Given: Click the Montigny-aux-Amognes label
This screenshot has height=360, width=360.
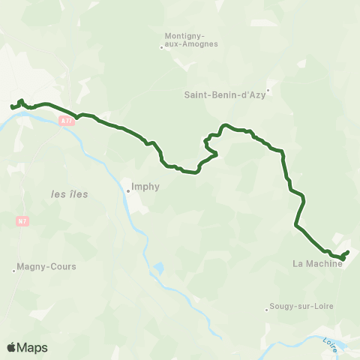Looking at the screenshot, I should (x=191, y=39).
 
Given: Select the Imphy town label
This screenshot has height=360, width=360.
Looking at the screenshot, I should (x=145, y=188).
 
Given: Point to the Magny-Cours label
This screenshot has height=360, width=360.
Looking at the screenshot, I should (x=47, y=266).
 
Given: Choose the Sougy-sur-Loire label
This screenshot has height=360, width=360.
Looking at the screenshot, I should (x=303, y=306).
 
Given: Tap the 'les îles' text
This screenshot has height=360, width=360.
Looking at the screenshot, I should (x=70, y=194).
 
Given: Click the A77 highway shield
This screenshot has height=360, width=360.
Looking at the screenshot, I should (x=68, y=120).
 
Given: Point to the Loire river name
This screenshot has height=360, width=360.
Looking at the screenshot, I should (x=330, y=345).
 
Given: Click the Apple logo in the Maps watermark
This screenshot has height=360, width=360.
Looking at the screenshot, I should (x=12, y=347).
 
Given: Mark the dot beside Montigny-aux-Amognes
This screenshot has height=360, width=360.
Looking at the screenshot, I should (x=162, y=47).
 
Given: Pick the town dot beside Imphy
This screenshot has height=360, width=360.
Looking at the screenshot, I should (x=127, y=190).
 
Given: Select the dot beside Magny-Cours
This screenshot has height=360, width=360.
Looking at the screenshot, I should (x=14, y=270).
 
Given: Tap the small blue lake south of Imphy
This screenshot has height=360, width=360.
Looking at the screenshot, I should (x=158, y=267).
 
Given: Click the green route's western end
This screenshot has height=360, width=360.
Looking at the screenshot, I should (x=11, y=107).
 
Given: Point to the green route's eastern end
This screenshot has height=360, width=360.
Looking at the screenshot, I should (x=349, y=251).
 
